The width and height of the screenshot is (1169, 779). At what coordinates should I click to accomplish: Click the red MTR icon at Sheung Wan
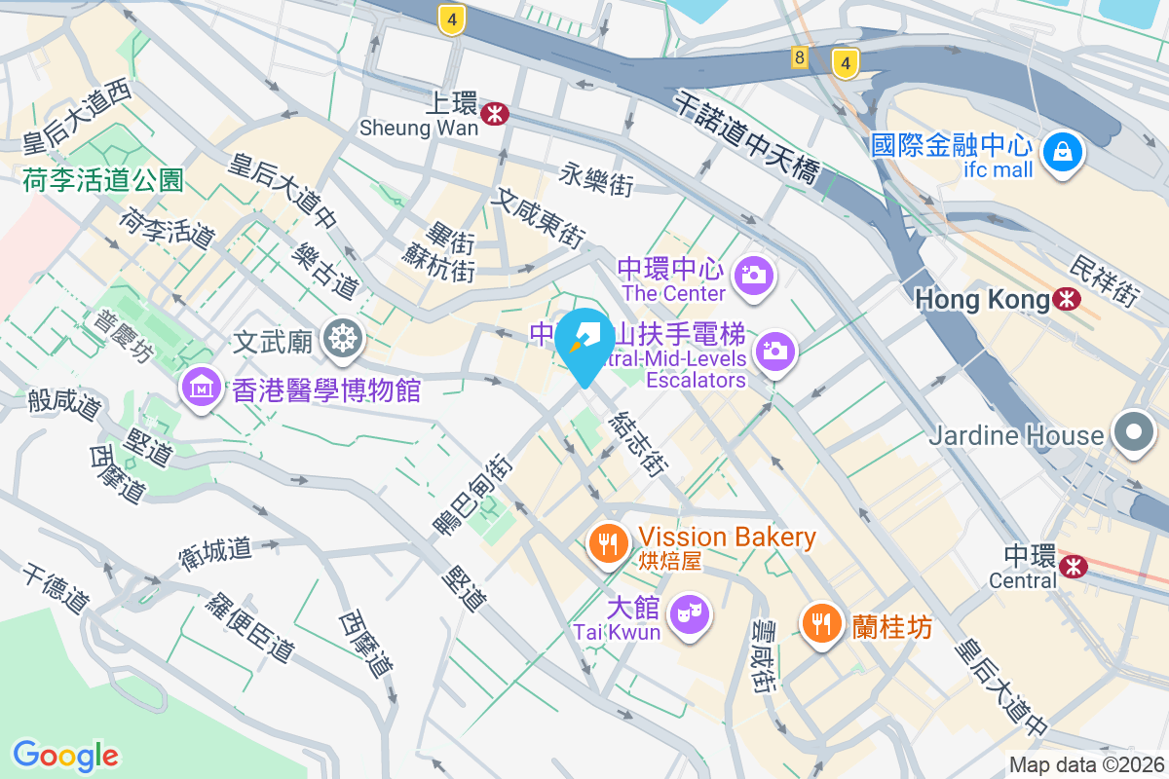click(x=497, y=114)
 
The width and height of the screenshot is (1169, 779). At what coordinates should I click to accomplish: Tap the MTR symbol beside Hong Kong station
click(x=1068, y=299)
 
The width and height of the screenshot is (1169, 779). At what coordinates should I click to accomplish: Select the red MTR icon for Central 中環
click(x=1075, y=564)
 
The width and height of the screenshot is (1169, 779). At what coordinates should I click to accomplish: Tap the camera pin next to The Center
click(x=753, y=275)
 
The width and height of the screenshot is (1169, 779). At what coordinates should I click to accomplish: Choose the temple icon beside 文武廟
click(x=344, y=339)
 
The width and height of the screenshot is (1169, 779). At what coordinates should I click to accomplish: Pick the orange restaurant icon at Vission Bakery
click(x=611, y=542)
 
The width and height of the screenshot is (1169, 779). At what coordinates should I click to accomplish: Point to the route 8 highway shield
click(x=800, y=58)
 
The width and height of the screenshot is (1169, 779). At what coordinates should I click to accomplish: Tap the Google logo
click(x=66, y=755)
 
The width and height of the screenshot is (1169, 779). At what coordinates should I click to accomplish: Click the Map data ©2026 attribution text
click(x=1086, y=765)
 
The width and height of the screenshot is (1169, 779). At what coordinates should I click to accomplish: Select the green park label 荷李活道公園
click(x=103, y=178)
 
